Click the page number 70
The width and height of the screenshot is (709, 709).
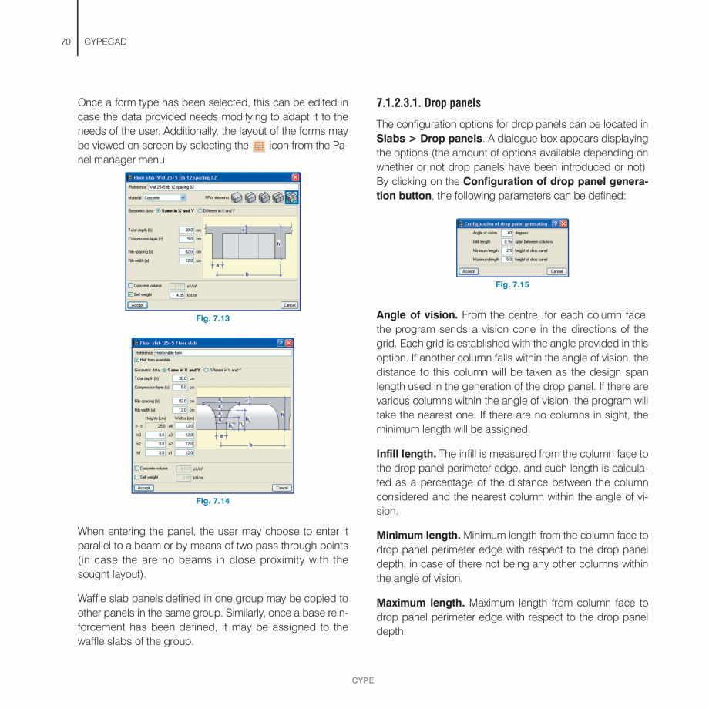tap(66, 42)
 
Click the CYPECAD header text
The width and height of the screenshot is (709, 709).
tap(105, 42)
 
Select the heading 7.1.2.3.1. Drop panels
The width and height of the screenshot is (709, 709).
tap(428, 103)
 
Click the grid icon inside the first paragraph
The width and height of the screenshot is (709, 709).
tap(259, 146)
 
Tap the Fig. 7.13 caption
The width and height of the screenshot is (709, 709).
tap(213, 318)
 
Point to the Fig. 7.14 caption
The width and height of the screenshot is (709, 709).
tap(213, 501)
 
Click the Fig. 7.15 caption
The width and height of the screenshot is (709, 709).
tap(512, 284)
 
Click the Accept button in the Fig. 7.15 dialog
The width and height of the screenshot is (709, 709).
tap(469, 271)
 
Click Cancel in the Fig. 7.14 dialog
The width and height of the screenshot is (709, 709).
tap(282, 488)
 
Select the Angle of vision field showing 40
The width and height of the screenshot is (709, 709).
tap(507, 233)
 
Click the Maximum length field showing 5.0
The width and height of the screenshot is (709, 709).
tap(507, 260)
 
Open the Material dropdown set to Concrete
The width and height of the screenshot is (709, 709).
tap(165, 198)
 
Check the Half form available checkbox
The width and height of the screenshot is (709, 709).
tap(137, 360)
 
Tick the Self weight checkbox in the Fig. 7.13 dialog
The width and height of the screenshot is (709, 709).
tap(131, 294)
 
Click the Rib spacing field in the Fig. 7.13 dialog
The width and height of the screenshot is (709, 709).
tap(186, 251)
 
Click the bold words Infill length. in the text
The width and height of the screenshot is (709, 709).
tap(405, 454)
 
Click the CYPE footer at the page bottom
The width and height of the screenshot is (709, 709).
tap(362, 680)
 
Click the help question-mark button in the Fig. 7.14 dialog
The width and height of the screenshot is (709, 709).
tap(280, 343)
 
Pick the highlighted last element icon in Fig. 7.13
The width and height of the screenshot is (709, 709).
tap(291, 198)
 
